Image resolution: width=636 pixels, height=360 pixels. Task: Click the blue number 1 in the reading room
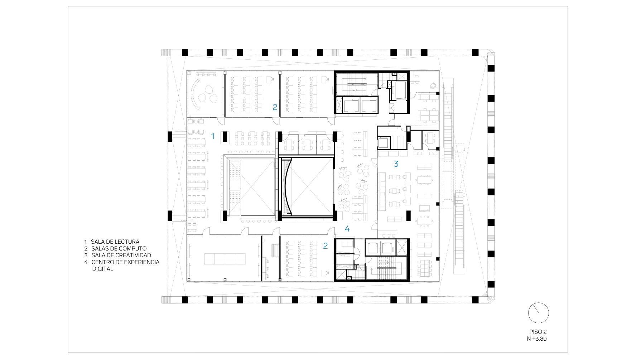[x=213, y=136]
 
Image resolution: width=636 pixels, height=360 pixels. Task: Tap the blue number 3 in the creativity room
[x=396, y=164]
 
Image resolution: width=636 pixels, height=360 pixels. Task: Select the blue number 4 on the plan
[x=347, y=229]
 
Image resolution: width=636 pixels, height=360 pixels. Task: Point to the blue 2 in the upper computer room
[x=275, y=107]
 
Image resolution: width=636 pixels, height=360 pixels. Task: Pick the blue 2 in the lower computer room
[x=325, y=246]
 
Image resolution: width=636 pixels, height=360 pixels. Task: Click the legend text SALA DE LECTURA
[x=115, y=242]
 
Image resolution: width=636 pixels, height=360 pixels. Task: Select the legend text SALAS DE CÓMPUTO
[x=119, y=249]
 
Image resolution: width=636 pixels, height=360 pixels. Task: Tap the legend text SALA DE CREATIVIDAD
[x=121, y=256]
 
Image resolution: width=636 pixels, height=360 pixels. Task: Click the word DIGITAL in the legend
[x=103, y=269]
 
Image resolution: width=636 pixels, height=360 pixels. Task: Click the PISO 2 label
[x=538, y=332]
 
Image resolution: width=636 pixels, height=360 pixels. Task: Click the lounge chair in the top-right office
[x=433, y=86]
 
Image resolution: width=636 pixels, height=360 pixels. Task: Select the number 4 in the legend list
[x=86, y=262]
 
